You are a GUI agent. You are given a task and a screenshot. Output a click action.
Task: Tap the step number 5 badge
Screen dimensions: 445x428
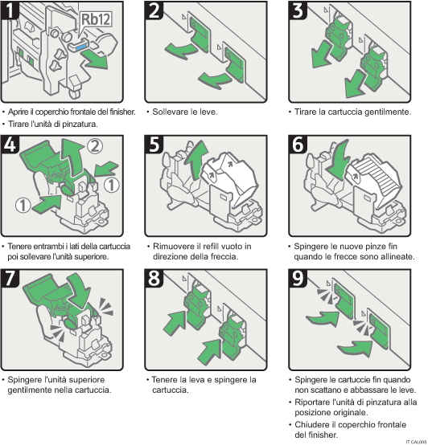(155, 146)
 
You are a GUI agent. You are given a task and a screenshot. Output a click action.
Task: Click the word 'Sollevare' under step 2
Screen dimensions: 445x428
(172, 112)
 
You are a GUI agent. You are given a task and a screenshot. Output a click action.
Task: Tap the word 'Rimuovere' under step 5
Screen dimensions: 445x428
(174, 246)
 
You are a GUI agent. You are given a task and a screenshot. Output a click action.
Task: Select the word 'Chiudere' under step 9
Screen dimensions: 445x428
(315, 423)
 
